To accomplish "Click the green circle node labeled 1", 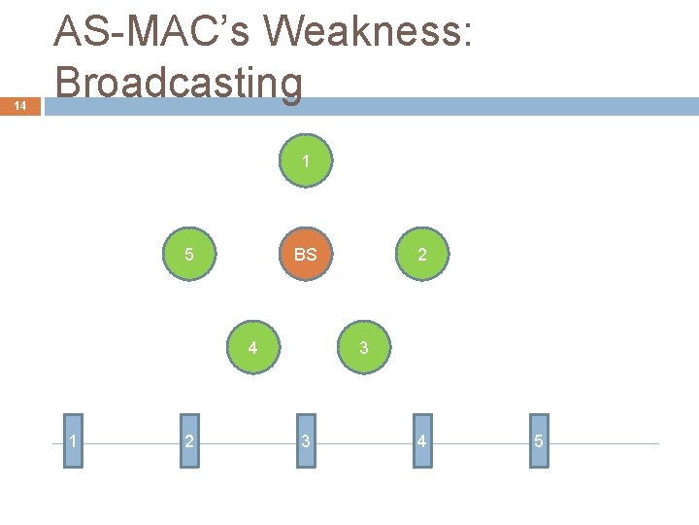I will [x=306, y=161].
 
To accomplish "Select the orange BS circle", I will [x=306, y=255].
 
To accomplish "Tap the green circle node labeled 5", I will [x=190, y=255].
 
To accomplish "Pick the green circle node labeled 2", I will [x=421, y=255].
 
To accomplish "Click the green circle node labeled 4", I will [x=252, y=347].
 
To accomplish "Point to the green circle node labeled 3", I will [x=363, y=347].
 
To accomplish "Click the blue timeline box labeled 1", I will [x=74, y=442].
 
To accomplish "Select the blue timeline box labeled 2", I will [x=189, y=442].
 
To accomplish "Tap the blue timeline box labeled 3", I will [x=306, y=442].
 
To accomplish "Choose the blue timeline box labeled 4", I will [x=421, y=442].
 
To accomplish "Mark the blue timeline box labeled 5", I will [x=539, y=442].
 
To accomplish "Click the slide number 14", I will [x=20, y=106].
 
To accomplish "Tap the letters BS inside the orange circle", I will [x=306, y=255].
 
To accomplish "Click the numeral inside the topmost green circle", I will [x=306, y=161].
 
